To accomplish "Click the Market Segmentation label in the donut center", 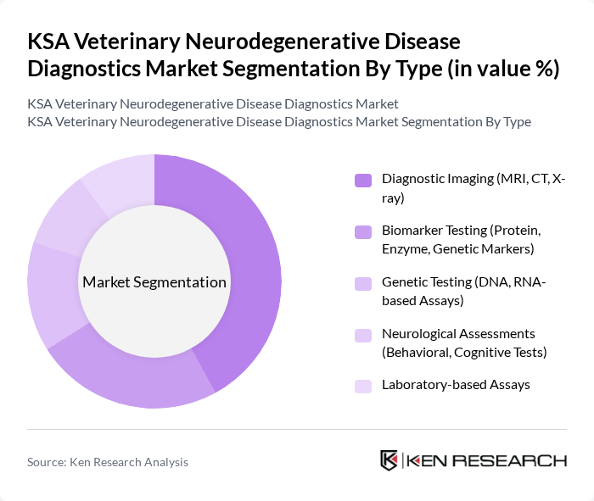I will (x=154, y=282).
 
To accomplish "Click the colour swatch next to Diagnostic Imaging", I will (x=362, y=180).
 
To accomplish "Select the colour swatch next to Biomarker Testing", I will (x=362, y=231).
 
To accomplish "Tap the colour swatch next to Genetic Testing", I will (x=362, y=283).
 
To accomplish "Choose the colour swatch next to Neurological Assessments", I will (x=362, y=334).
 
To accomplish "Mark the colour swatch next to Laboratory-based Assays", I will (x=362, y=386).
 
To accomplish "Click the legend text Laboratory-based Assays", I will (x=456, y=385).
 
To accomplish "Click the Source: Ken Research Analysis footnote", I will (x=108, y=462).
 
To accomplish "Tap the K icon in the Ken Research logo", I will (x=389, y=460).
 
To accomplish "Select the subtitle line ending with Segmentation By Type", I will (x=279, y=121).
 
